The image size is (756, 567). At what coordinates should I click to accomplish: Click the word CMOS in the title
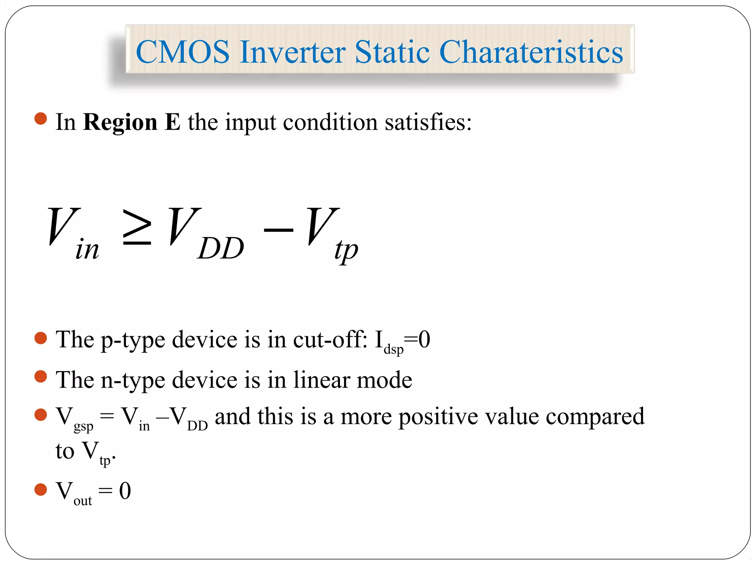pyautogui.click(x=183, y=52)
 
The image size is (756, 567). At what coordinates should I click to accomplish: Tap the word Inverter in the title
pyautogui.click(x=292, y=52)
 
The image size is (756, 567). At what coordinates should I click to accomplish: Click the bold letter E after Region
pyautogui.click(x=172, y=122)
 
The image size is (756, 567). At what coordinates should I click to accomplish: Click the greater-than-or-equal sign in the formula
pyautogui.click(x=137, y=228)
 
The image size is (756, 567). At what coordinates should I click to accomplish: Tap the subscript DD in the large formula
pyautogui.click(x=221, y=249)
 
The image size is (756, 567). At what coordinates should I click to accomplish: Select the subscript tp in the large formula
pyautogui.click(x=346, y=250)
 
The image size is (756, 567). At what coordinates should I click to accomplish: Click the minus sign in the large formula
pyautogui.click(x=278, y=230)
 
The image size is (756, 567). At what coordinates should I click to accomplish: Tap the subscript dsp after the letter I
pyautogui.click(x=394, y=349)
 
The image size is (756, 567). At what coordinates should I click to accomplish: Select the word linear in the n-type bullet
pyautogui.click(x=321, y=380)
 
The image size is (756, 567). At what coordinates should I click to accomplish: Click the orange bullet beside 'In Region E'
pyautogui.click(x=41, y=119)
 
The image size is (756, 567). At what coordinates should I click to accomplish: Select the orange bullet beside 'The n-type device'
pyautogui.click(x=41, y=377)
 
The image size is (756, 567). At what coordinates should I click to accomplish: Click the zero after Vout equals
pyautogui.click(x=125, y=491)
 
